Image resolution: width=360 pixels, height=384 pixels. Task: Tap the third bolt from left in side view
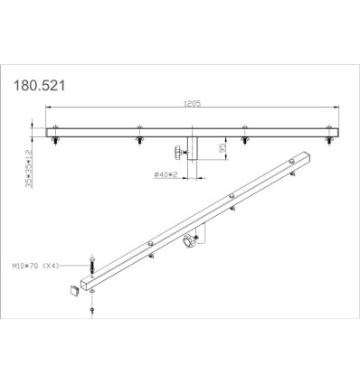click(245, 140)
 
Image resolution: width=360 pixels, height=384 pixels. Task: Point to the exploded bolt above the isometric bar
click(91, 266)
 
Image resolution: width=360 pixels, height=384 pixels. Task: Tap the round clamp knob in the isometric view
click(191, 242)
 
